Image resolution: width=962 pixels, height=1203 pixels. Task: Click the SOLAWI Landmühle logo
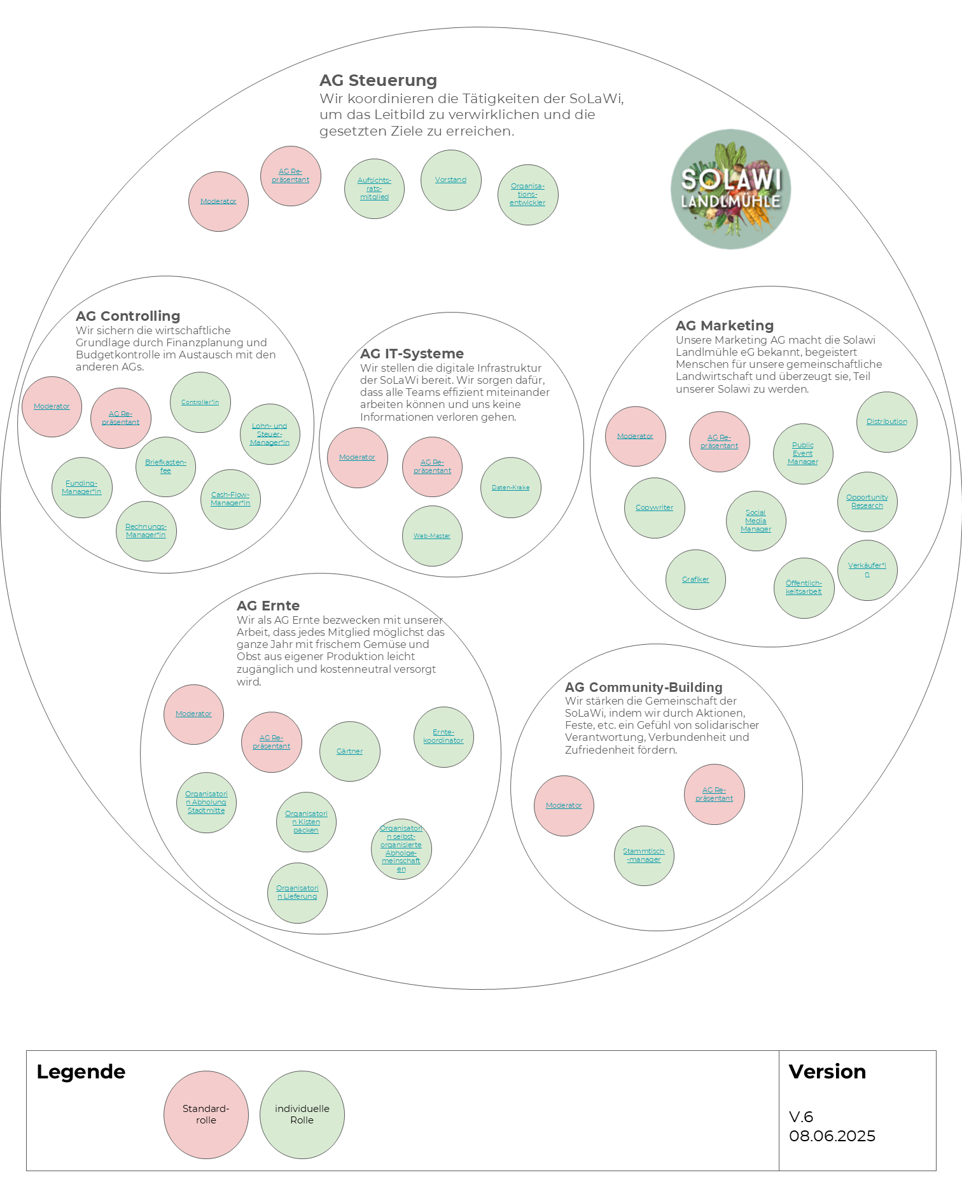tap(730, 189)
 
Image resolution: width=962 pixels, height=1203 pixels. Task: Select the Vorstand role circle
tap(451, 180)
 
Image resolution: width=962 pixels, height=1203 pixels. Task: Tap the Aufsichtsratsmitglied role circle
tap(374, 189)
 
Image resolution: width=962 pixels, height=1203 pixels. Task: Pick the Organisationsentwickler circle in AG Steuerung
tap(527, 195)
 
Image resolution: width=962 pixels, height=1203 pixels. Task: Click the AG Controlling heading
tap(128, 316)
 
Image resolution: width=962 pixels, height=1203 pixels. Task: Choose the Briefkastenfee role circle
tap(165, 467)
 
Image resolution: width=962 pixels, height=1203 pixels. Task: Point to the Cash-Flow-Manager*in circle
tap(230, 499)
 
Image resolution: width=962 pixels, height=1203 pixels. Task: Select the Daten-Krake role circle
tap(511, 488)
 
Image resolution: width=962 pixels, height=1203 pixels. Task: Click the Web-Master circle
tap(432, 536)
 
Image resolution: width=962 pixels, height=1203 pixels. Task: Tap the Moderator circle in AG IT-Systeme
tap(358, 458)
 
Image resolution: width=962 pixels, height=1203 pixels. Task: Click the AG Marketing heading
tap(725, 326)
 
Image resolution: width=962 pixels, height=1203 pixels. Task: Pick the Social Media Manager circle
tap(756, 521)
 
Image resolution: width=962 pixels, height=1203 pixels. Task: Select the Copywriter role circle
tap(654, 508)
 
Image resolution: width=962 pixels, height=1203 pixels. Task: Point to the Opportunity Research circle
tap(867, 502)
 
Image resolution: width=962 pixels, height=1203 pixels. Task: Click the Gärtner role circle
tap(350, 752)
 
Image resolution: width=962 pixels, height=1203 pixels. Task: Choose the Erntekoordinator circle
tap(443, 736)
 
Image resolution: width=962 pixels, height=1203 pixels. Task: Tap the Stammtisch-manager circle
tap(644, 855)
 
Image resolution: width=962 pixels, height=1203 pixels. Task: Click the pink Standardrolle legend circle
tap(206, 1115)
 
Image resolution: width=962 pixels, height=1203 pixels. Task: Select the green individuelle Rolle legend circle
tap(302, 1115)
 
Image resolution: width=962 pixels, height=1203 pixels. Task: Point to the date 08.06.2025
tap(832, 1136)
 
